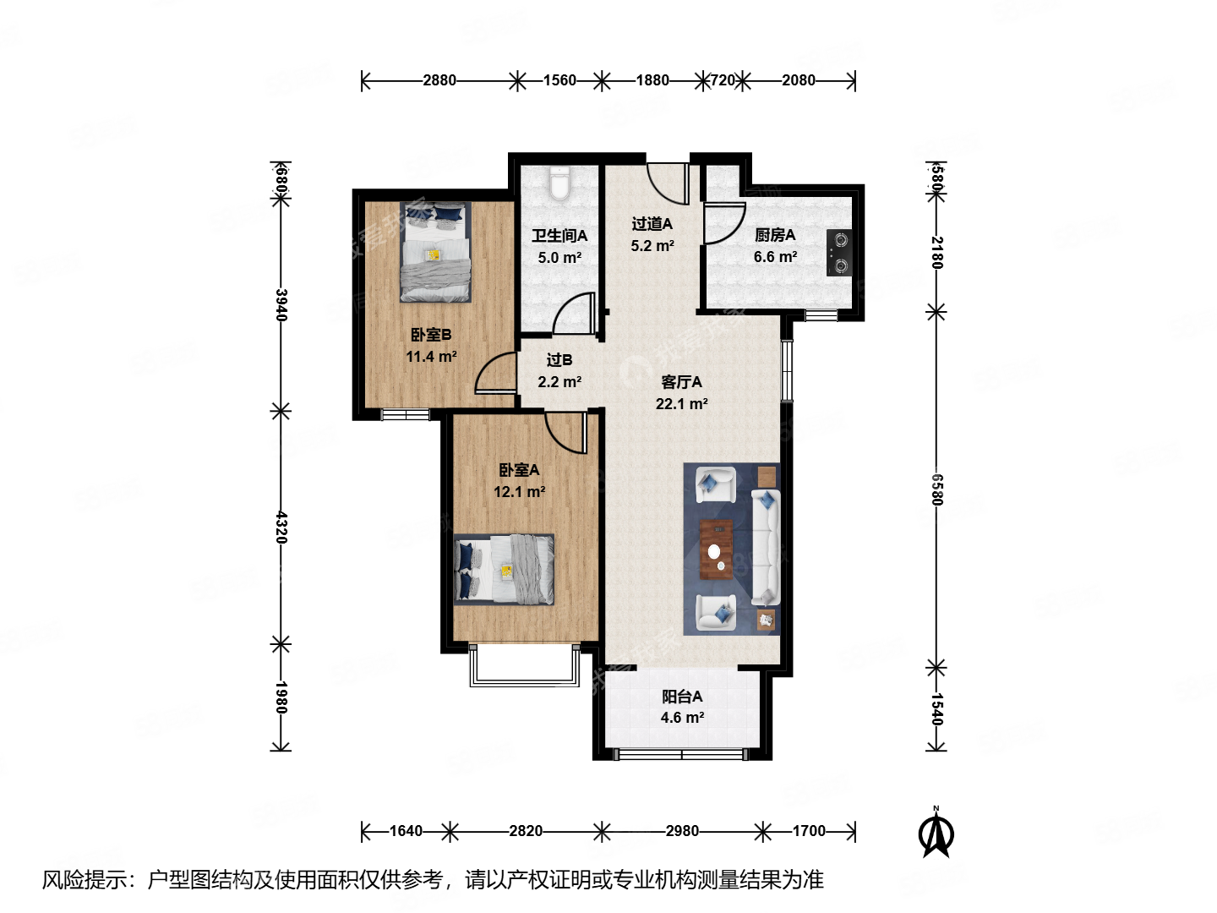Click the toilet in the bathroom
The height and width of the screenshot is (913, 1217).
pos(559,183)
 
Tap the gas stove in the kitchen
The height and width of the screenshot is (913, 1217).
pos(839,253)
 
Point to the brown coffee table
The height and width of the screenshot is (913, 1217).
pos(716,550)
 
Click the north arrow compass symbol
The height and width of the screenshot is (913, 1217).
pos(936,833)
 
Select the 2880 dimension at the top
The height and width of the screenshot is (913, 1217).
pos(439,80)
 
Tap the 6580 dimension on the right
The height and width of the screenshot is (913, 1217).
pos(936,489)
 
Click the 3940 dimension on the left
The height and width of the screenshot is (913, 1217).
pos(281,304)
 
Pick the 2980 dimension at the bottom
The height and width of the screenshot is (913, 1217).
pos(682,831)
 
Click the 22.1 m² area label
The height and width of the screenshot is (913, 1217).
pos(681,404)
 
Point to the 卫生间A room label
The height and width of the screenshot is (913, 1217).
pos(559,236)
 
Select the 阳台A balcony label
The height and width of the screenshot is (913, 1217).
pos(682,697)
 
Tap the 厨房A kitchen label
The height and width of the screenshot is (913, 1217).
pos(775,235)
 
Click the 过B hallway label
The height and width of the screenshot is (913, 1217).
pos(559,360)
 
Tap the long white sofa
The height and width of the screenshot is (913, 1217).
pos(766,547)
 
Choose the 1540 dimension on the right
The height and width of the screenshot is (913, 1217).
pos(936,708)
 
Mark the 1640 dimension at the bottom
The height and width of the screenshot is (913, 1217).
pos(406,831)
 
